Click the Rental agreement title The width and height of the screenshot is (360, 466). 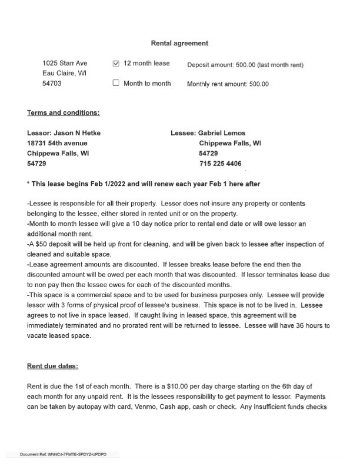[x=179, y=43]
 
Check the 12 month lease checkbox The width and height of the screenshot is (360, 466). [x=116, y=64]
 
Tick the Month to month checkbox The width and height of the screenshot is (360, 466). [x=116, y=84]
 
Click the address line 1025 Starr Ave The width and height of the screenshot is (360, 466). [x=65, y=64]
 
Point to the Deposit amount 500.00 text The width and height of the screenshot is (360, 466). [x=245, y=65]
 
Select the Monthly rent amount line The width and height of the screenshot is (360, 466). [x=228, y=84]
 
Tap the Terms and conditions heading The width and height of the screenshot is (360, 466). [x=64, y=113]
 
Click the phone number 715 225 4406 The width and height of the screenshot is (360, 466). [x=221, y=164]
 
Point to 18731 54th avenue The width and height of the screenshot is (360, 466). [x=57, y=143]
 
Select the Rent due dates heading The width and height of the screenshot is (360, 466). [x=52, y=366]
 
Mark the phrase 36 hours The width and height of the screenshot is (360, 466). [x=300, y=325]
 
